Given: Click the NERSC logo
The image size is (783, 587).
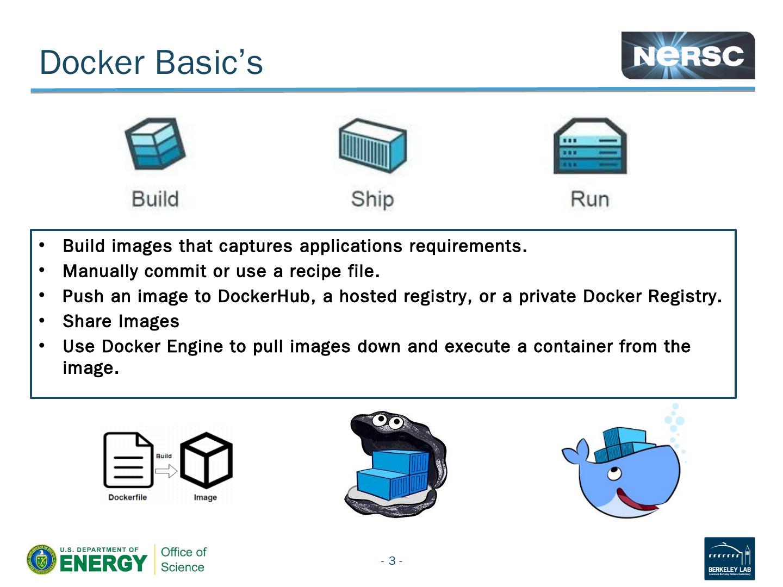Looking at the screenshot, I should [x=688, y=55].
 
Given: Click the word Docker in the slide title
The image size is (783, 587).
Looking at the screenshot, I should [x=92, y=63].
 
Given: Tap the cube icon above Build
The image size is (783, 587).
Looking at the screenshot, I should [x=155, y=144].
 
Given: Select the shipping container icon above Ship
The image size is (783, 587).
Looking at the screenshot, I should [x=372, y=145].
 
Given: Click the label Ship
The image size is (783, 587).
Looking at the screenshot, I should [x=372, y=199].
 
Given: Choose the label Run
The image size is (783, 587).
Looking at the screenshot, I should [x=590, y=199].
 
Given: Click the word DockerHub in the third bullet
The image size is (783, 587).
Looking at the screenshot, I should [x=263, y=296].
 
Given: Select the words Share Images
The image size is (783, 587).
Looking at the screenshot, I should [x=121, y=321].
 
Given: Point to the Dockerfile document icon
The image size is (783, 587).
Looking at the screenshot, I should [x=128, y=460].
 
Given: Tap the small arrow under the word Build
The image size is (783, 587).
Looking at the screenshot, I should [x=166, y=470].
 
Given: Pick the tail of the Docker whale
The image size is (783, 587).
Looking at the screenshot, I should [x=576, y=452].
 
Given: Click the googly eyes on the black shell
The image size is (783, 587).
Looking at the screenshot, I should [x=387, y=421].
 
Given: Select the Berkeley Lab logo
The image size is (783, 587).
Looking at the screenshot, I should [x=729, y=558].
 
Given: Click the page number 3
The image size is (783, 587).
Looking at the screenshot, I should [x=391, y=561].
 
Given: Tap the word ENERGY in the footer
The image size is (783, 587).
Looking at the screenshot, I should [x=103, y=563].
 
